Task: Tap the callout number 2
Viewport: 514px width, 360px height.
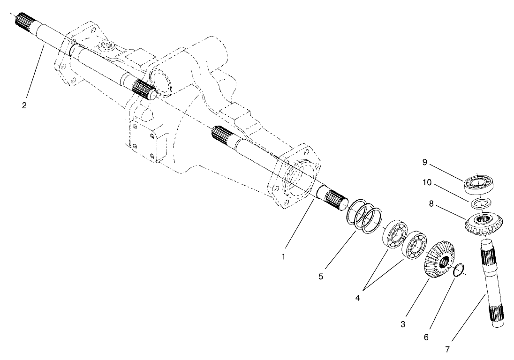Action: point(24,105)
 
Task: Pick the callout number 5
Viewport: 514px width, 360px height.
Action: point(321,277)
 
